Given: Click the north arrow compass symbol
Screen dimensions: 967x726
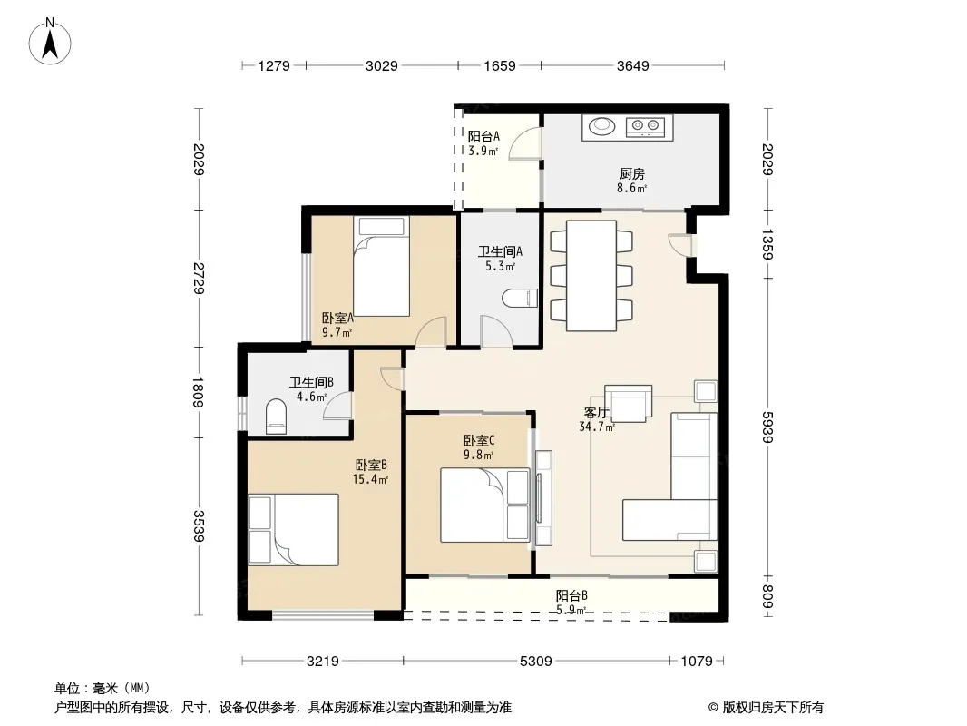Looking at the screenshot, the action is click(x=50, y=42).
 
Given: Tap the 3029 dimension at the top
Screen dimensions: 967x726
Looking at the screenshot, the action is click(x=382, y=65).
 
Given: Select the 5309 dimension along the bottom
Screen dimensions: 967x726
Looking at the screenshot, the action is click(x=535, y=662).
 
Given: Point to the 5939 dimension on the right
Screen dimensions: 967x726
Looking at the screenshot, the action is click(x=767, y=427).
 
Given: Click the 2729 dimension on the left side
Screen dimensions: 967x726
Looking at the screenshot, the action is click(x=199, y=279).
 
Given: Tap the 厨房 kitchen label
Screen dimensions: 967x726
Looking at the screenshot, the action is click(x=632, y=174).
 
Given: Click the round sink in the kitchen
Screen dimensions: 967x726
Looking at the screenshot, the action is click(x=601, y=126).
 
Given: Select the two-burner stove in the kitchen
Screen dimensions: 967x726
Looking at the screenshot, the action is click(x=646, y=127).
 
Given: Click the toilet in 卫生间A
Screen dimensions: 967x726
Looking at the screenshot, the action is click(x=520, y=299).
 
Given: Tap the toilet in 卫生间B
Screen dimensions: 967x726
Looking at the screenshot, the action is click(x=276, y=417).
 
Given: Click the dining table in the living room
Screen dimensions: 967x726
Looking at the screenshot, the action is click(x=591, y=276).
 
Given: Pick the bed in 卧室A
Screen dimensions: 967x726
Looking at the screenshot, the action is click(x=381, y=266).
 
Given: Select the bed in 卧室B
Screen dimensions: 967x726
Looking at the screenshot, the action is click(x=294, y=529).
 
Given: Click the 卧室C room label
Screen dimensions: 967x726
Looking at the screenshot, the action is click(x=479, y=440).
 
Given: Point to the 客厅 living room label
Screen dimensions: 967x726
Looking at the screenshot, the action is click(x=596, y=412).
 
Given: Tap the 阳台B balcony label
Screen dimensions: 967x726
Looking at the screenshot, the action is click(x=571, y=596).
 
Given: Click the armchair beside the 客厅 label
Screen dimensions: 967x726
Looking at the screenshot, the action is click(x=628, y=404).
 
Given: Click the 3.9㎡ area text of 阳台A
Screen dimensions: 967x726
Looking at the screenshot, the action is click(x=483, y=151).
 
